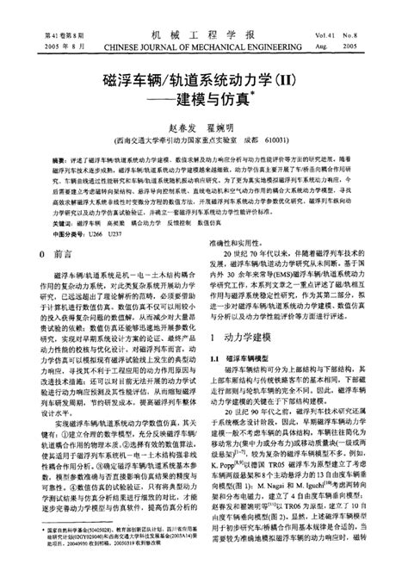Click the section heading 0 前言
point(59,255)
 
